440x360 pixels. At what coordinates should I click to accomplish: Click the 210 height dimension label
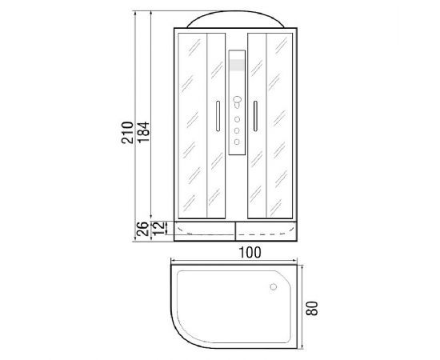click(x=127, y=133)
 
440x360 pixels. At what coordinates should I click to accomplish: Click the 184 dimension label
click(x=143, y=132)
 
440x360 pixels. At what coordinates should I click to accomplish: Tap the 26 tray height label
click(x=142, y=229)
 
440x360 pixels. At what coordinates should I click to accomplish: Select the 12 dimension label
click(x=158, y=228)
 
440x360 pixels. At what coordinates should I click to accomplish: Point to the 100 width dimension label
click(x=250, y=252)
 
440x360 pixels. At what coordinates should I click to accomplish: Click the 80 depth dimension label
click(x=312, y=308)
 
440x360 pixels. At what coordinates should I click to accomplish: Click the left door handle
click(x=218, y=116)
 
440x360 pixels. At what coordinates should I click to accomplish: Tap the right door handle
click(x=255, y=116)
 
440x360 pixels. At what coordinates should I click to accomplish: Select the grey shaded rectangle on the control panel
click(x=237, y=65)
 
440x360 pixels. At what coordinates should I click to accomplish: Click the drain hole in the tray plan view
click(x=274, y=286)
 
